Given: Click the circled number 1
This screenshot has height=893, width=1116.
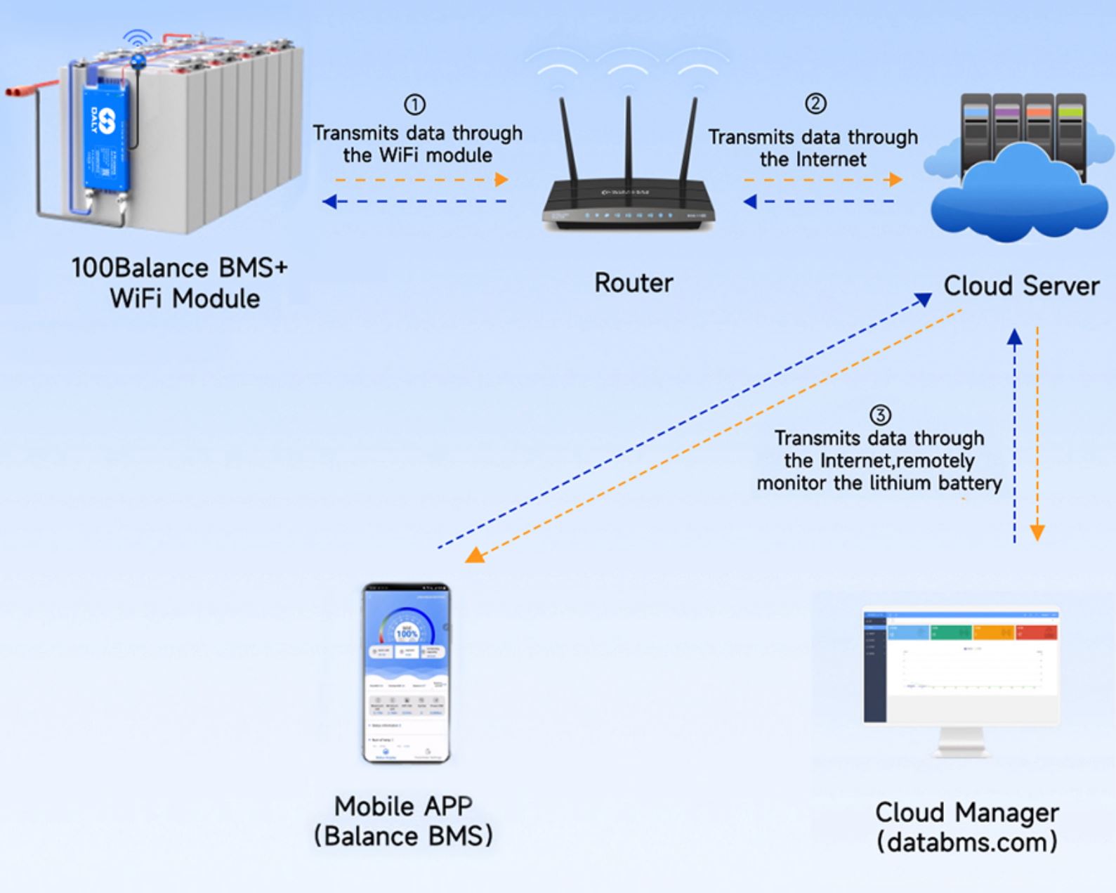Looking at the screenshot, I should [x=414, y=105].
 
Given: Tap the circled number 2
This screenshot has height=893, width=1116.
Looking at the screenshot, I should [x=815, y=104].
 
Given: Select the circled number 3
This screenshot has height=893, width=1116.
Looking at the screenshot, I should [x=880, y=415].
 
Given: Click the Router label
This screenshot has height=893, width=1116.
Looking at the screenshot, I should [x=634, y=283].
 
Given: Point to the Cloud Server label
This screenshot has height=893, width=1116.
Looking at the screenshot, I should [x=1020, y=286].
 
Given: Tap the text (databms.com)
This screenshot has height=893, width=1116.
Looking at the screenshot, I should [x=966, y=842].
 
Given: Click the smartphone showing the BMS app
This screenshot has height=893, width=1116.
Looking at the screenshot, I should [x=407, y=673].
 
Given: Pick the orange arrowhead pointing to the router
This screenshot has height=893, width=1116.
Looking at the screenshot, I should [x=501, y=180].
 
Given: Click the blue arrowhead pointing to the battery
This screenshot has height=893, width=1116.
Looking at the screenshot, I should [x=329, y=202].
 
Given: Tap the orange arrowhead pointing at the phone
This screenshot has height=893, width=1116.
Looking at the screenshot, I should [x=475, y=556].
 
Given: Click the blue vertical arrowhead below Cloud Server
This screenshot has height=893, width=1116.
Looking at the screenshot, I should [x=1014, y=338].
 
